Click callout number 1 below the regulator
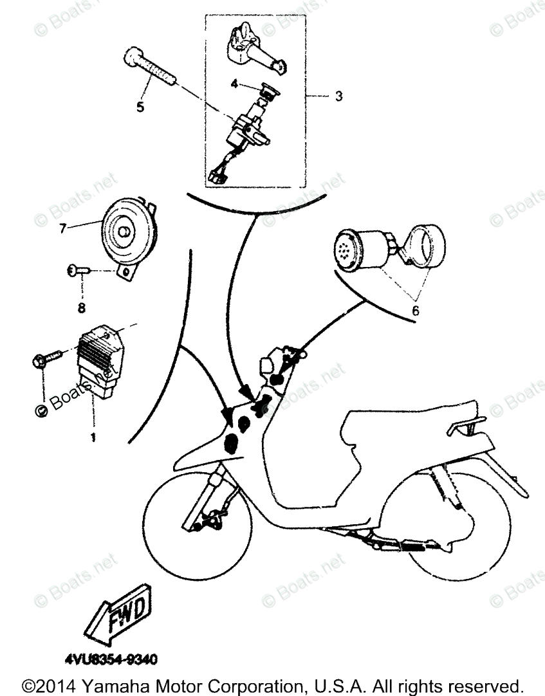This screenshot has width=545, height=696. (x=93, y=437)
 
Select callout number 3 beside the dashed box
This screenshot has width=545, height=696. (x=338, y=97)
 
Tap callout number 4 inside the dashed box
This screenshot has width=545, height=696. (x=235, y=84)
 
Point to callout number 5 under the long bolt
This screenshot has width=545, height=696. (x=140, y=107)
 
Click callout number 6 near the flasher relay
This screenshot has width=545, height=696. (x=415, y=310)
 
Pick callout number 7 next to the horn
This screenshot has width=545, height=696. (x=62, y=228)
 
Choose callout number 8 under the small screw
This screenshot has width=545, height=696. (x=81, y=308)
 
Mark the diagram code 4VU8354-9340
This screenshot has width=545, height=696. (x=110, y=659)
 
